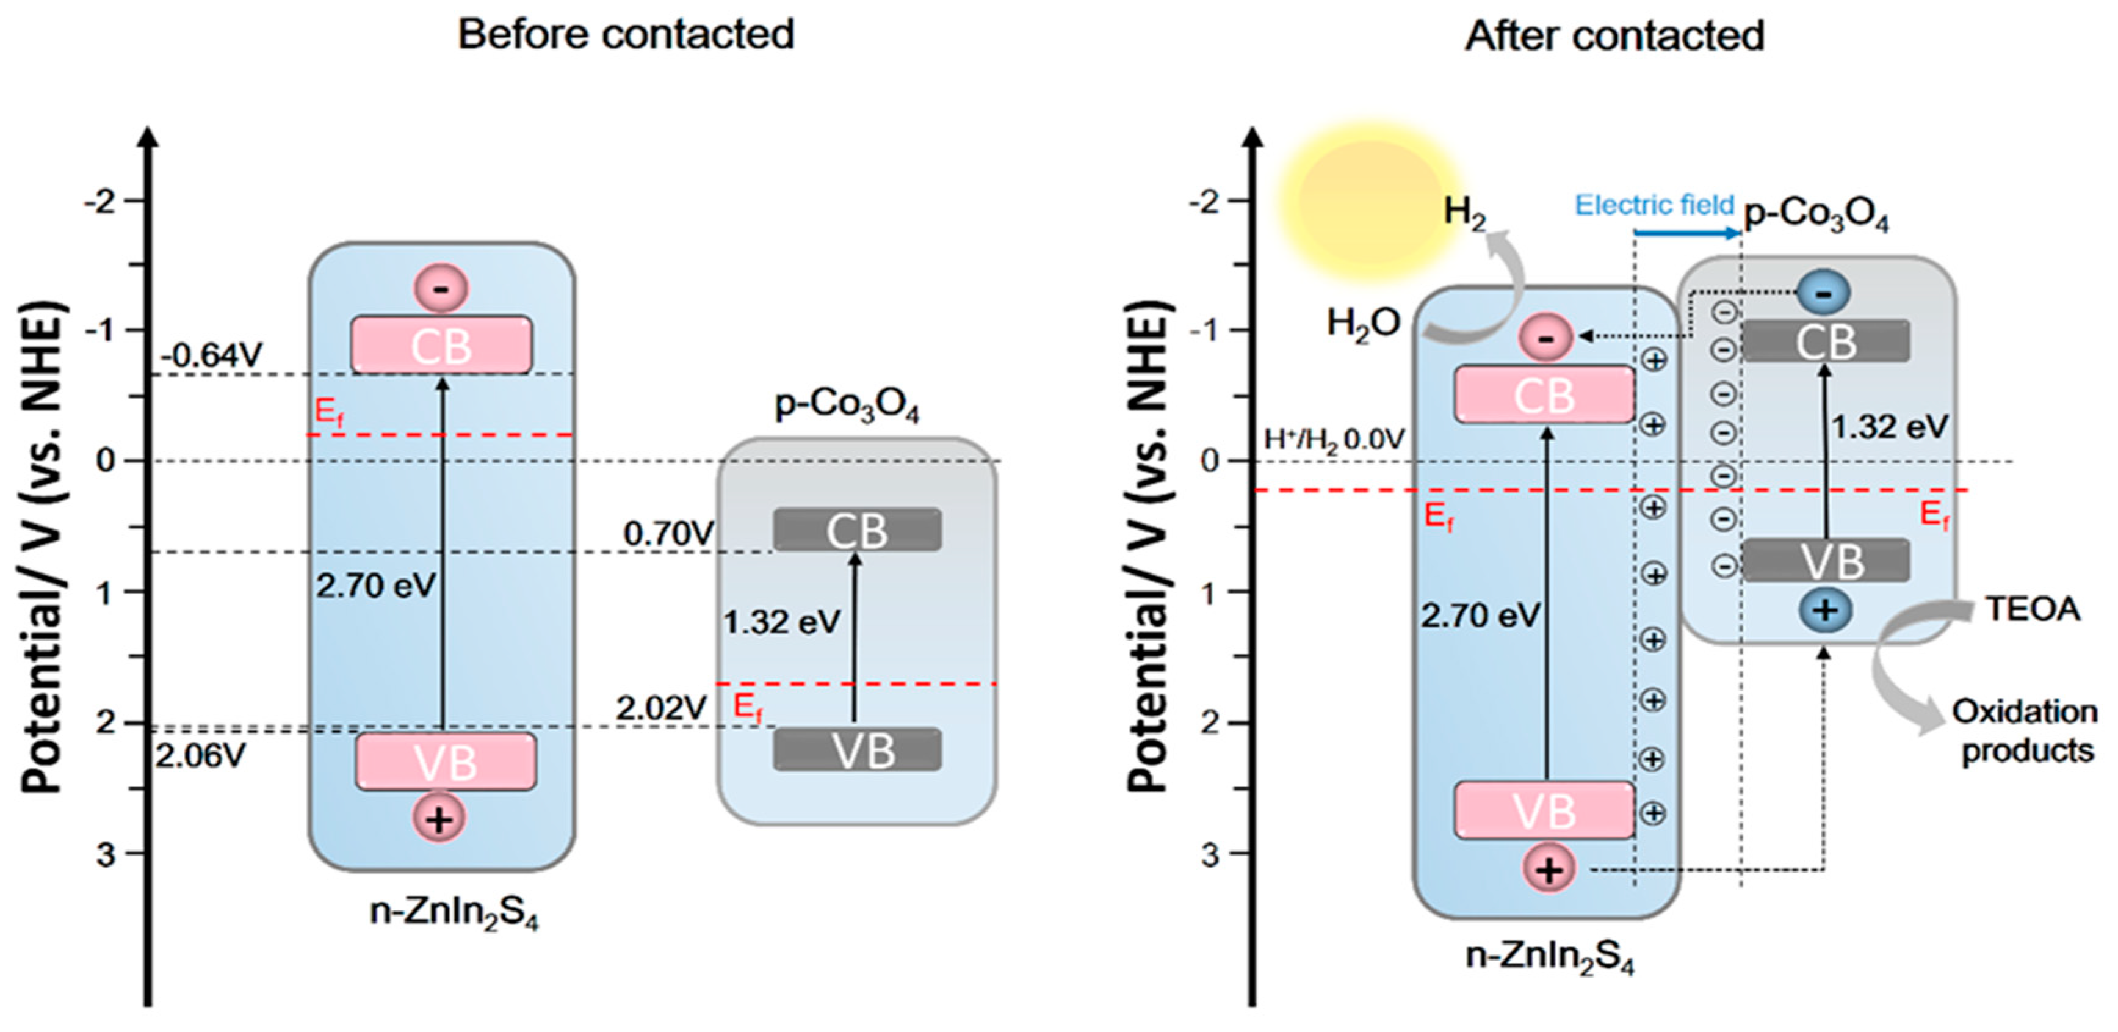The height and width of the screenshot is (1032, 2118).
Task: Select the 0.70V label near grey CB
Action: pyautogui.click(x=668, y=534)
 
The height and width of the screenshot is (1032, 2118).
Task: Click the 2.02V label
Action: pyautogui.click(x=661, y=707)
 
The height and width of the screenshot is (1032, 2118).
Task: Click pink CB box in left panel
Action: pyautogui.click(x=441, y=346)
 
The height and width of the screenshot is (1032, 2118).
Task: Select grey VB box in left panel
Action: pyautogui.click(x=857, y=750)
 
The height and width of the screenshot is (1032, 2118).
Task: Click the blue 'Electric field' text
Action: pyautogui.click(x=1654, y=205)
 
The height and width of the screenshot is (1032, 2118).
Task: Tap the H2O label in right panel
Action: pyautogui.click(x=1362, y=323)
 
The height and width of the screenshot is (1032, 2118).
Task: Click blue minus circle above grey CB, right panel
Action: pyautogui.click(x=1823, y=293)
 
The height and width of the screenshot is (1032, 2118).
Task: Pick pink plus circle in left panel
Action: pyautogui.click(x=439, y=819)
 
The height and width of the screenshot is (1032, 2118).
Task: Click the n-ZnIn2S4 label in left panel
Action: pyautogui.click(x=454, y=914)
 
